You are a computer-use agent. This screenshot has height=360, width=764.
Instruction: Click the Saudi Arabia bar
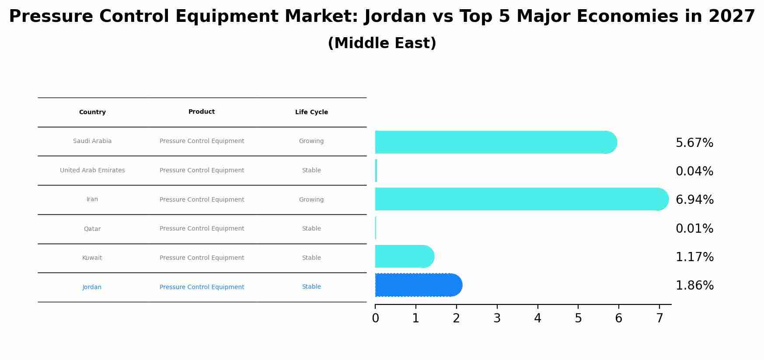pyautogui.click(x=494, y=142)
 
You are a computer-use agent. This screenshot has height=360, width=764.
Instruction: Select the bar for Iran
pyautogui.click(x=520, y=199)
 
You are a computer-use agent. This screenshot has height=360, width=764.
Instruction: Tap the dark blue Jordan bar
pyautogui.click(x=418, y=285)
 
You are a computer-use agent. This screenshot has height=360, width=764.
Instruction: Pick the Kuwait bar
pyautogui.click(x=404, y=256)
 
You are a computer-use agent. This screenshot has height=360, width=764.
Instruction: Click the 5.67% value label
pyautogui.click(x=694, y=143)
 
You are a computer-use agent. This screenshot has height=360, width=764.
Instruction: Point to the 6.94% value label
pyautogui.click(x=694, y=200)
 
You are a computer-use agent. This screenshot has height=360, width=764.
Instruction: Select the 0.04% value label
pyautogui.click(x=694, y=171)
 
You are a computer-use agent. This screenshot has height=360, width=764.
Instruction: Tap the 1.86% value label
pyautogui.click(x=694, y=286)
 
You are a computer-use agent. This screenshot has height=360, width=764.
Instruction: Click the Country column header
pyautogui.click(x=92, y=112)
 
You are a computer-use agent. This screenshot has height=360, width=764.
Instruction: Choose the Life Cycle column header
pyautogui.click(x=311, y=112)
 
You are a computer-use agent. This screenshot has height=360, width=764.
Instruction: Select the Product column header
pyautogui.click(x=202, y=112)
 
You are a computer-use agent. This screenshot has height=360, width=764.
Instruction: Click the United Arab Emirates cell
pyautogui.click(x=92, y=170)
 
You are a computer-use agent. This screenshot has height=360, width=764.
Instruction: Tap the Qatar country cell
pyautogui.click(x=92, y=229)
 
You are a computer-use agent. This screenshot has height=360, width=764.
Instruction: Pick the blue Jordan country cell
pyautogui.click(x=92, y=287)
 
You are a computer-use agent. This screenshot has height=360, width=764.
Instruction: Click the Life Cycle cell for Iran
pyautogui.click(x=311, y=199)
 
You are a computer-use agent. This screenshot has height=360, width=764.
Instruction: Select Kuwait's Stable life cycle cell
pyautogui.click(x=311, y=258)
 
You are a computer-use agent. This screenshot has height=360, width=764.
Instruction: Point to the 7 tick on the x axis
pyautogui.click(x=659, y=318)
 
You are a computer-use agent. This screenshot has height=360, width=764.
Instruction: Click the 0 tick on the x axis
pyautogui.click(x=375, y=318)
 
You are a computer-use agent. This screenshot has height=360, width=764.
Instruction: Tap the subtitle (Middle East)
pyautogui.click(x=382, y=43)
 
